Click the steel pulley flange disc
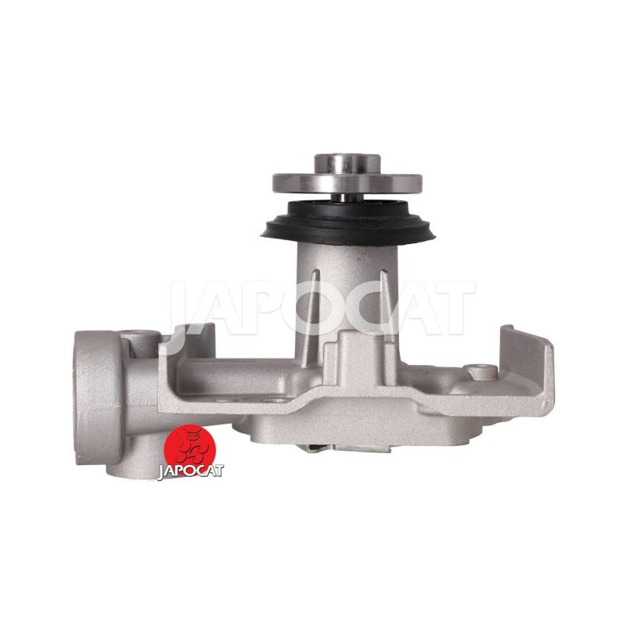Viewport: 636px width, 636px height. [347, 184]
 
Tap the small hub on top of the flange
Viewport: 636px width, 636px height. [347, 163]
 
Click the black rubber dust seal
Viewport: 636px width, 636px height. [348, 223]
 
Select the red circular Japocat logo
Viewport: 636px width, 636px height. [189, 449]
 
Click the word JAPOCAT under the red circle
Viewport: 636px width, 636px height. [190, 471]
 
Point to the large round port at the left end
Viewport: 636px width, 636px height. [97, 398]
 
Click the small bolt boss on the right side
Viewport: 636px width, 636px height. [482, 371]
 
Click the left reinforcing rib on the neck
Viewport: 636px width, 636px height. [313, 316]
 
